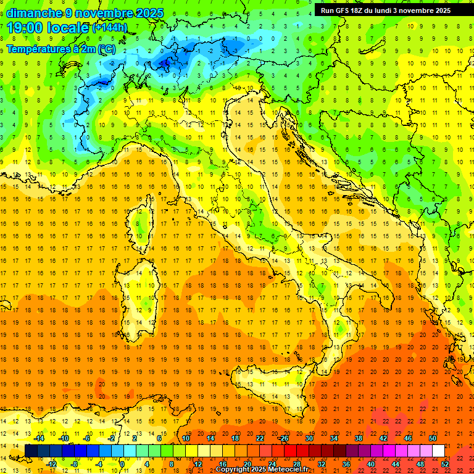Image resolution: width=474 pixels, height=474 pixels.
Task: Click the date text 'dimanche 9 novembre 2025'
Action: (85, 13)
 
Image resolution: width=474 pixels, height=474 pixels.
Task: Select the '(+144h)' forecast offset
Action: (110, 28)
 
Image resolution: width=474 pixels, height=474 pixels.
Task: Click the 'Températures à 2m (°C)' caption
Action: (60, 48)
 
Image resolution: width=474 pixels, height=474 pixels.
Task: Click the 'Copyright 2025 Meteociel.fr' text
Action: (266, 470)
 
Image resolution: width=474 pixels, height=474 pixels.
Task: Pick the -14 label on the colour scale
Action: (39, 438)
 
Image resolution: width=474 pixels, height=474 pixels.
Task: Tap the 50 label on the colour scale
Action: (432, 438)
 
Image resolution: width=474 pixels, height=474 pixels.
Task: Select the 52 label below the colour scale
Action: (445, 464)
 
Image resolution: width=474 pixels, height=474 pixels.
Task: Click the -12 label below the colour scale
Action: (51, 464)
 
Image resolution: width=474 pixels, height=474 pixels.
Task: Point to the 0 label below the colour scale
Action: (123, 464)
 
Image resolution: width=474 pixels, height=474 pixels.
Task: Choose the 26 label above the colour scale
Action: (284, 438)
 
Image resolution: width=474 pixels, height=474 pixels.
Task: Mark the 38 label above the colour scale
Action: (358, 438)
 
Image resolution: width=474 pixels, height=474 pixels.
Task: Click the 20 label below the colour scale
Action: (247, 464)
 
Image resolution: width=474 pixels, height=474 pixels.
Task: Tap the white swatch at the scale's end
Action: (438, 451)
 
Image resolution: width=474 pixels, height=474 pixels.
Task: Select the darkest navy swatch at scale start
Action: (31, 451)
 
